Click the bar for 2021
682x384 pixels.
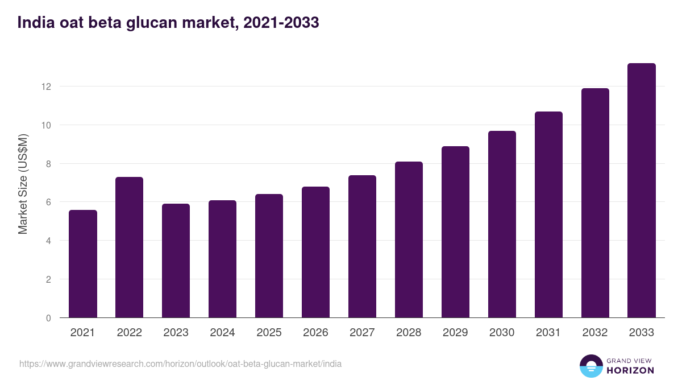[83, 264]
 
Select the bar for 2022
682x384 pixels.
[130, 247]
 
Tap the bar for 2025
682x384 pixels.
[269, 256]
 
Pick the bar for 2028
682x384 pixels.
[409, 240]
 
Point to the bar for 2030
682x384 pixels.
[502, 224]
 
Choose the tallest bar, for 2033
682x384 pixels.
[642, 191]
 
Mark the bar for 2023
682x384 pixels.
[176, 261]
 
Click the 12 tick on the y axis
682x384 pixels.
[46, 86]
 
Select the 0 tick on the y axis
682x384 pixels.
[48, 318]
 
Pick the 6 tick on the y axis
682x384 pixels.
[48, 202]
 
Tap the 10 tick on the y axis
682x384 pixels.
[46, 125]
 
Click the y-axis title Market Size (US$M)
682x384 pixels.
[23, 183]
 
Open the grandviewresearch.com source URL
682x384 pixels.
[181, 364]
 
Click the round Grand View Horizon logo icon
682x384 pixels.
[591, 366]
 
